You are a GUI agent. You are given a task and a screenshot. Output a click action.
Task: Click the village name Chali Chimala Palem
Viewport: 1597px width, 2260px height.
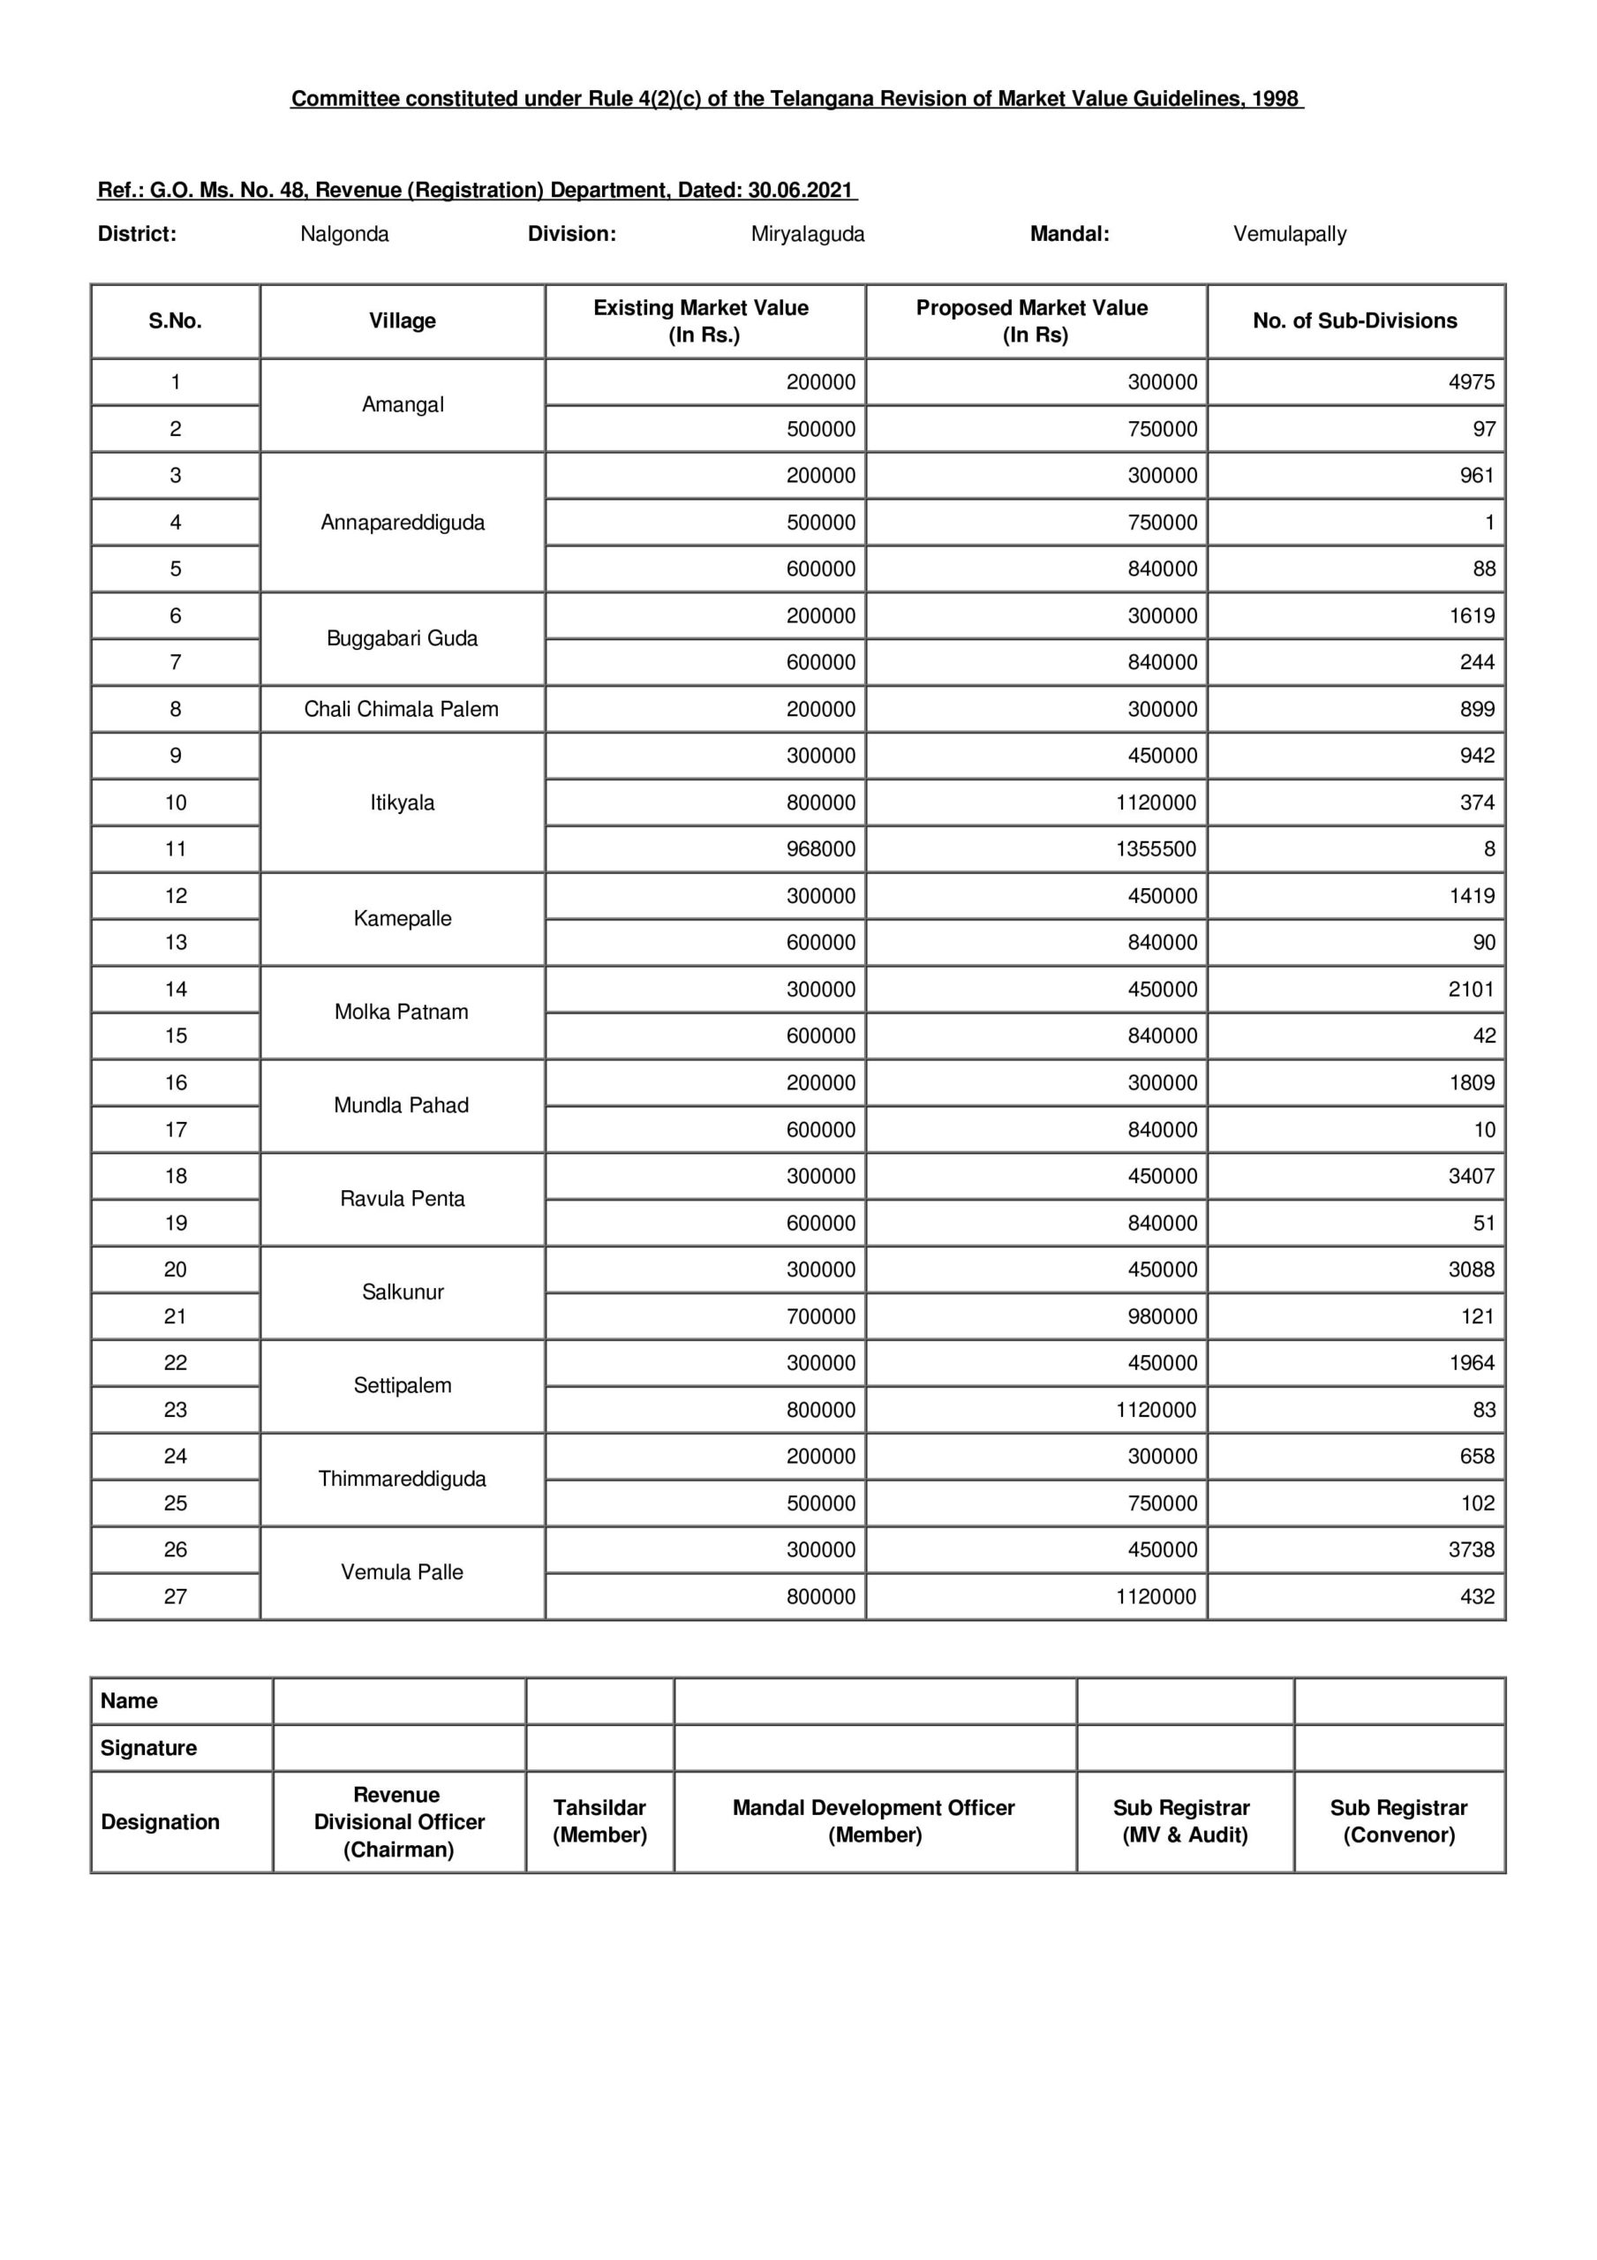(401, 709)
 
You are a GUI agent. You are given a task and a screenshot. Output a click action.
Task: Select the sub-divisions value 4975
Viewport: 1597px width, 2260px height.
(1471, 382)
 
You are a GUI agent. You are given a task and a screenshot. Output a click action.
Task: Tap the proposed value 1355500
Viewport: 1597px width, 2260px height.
(1156, 848)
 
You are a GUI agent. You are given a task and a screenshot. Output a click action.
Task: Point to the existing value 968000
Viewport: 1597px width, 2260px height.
(820, 848)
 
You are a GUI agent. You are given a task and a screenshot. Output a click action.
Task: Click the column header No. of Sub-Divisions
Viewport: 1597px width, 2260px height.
(1355, 320)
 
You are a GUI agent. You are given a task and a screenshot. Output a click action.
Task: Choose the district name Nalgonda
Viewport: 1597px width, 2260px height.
(344, 234)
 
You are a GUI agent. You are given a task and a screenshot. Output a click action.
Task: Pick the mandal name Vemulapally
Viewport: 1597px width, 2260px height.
(1289, 234)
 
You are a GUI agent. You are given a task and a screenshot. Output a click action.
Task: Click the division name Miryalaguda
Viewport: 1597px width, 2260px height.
(808, 234)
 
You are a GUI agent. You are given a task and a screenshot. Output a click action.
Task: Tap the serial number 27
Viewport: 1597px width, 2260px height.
(176, 1597)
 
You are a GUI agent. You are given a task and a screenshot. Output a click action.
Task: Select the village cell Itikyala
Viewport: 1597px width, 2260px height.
(402, 802)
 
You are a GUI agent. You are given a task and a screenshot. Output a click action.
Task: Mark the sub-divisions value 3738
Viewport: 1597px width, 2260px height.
(1471, 1549)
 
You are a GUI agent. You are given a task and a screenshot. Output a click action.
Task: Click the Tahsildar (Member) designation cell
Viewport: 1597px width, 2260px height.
(599, 1821)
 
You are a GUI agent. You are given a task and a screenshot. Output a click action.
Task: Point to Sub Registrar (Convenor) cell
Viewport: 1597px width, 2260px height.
(1398, 1821)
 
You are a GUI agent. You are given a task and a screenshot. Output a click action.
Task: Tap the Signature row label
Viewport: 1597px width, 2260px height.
(148, 1748)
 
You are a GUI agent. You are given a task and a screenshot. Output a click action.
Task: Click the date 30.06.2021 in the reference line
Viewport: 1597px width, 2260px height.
(800, 190)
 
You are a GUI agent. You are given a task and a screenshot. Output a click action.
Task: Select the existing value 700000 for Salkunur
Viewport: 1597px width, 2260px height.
(820, 1316)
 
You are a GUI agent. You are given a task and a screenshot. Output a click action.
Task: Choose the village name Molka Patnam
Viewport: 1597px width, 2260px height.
(401, 1012)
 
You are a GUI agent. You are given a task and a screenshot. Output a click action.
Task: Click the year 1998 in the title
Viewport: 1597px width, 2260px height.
(1274, 98)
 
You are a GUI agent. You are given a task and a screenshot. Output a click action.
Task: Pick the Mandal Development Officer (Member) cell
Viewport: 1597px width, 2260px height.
(873, 1821)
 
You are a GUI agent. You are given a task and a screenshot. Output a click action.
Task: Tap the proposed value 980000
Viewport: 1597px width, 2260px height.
(1162, 1316)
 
